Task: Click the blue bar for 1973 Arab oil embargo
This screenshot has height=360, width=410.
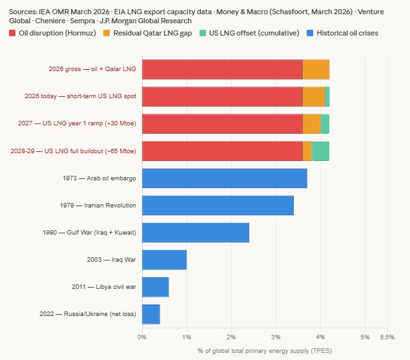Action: click(224, 178)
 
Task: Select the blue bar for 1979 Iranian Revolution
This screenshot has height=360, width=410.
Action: click(218, 205)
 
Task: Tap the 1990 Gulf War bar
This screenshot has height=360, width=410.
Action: click(195, 232)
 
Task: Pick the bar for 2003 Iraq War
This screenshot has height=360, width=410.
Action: click(164, 259)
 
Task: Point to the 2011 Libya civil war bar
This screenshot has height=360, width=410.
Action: click(155, 286)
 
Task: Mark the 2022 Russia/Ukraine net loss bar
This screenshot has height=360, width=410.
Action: click(150, 313)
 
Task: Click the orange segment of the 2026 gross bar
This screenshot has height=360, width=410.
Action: click(316, 69)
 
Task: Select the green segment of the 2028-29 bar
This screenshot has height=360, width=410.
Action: click(320, 151)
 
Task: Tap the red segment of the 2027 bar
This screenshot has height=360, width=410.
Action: click(222, 123)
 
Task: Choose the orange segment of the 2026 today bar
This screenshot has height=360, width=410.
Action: click(314, 96)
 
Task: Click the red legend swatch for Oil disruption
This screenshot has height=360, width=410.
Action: click(13, 33)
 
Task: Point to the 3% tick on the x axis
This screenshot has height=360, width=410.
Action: click(276, 337)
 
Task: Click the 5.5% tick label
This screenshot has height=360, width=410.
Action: click(387, 337)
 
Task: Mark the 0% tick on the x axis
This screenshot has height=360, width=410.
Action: click(142, 337)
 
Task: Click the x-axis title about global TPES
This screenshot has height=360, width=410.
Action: click(264, 351)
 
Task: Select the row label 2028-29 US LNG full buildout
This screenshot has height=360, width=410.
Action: click(73, 151)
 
